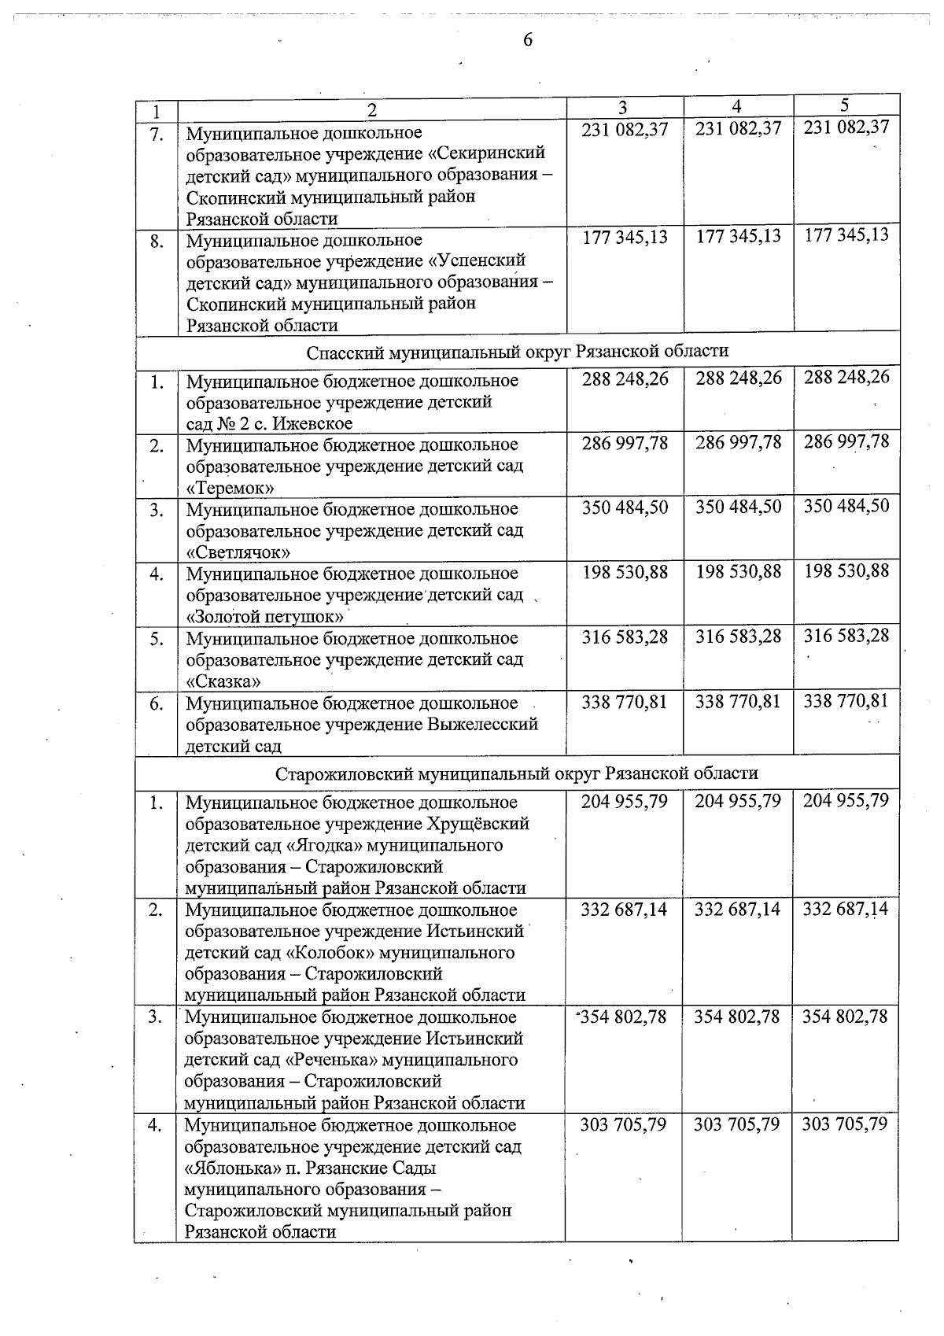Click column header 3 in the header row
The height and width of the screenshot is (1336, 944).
[x=623, y=107]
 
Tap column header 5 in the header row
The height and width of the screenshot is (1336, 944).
[x=845, y=105]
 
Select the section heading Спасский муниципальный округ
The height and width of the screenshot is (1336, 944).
[x=517, y=351]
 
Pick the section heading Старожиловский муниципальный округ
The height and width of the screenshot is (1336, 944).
[x=517, y=773]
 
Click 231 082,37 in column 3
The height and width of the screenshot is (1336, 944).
[x=625, y=128]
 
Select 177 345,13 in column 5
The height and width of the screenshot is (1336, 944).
[x=846, y=234]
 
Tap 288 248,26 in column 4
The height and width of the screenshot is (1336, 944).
[x=738, y=378]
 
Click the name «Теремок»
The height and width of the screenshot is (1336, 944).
[x=230, y=488]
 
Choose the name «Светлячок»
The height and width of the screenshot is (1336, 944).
[x=238, y=552]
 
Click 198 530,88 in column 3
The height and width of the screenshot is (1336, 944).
[x=625, y=571]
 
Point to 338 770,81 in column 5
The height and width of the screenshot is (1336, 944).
[x=846, y=700]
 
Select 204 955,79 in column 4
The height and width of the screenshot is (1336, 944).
[x=737, y=801]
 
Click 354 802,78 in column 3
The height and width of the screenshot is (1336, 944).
[x=625, y=1017]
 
